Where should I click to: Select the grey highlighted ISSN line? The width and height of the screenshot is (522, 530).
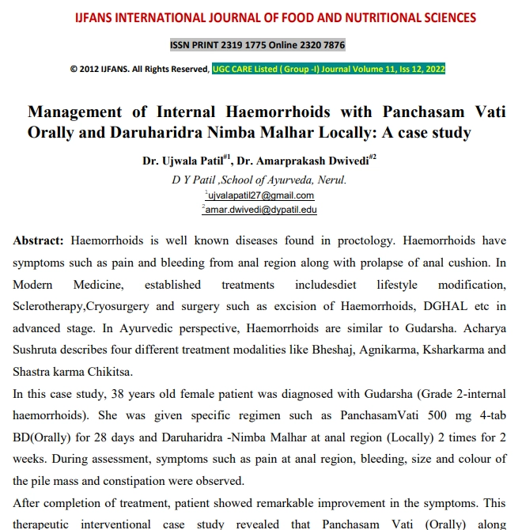(x=258, y=45)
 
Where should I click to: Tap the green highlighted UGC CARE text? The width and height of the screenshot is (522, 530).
(x=328, y=70)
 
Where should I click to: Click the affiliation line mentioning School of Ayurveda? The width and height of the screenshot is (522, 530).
(x=259, y=180)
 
